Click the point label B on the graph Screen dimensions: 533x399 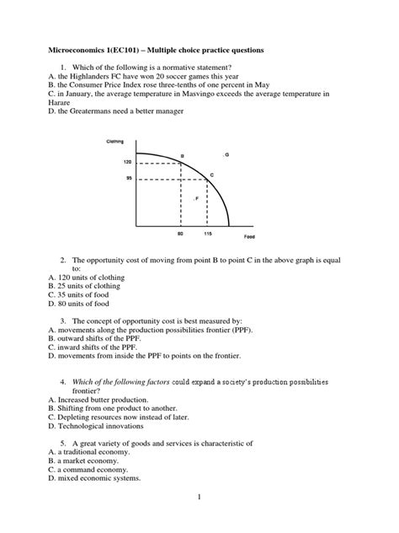coord(182,157)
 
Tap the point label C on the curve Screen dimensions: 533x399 coord(211,175)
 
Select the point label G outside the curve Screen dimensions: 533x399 coord(226,154)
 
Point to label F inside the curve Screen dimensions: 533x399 coord(197,199)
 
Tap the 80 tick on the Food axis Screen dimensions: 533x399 coord(180,234)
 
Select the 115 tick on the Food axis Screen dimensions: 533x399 coord(208,234)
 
